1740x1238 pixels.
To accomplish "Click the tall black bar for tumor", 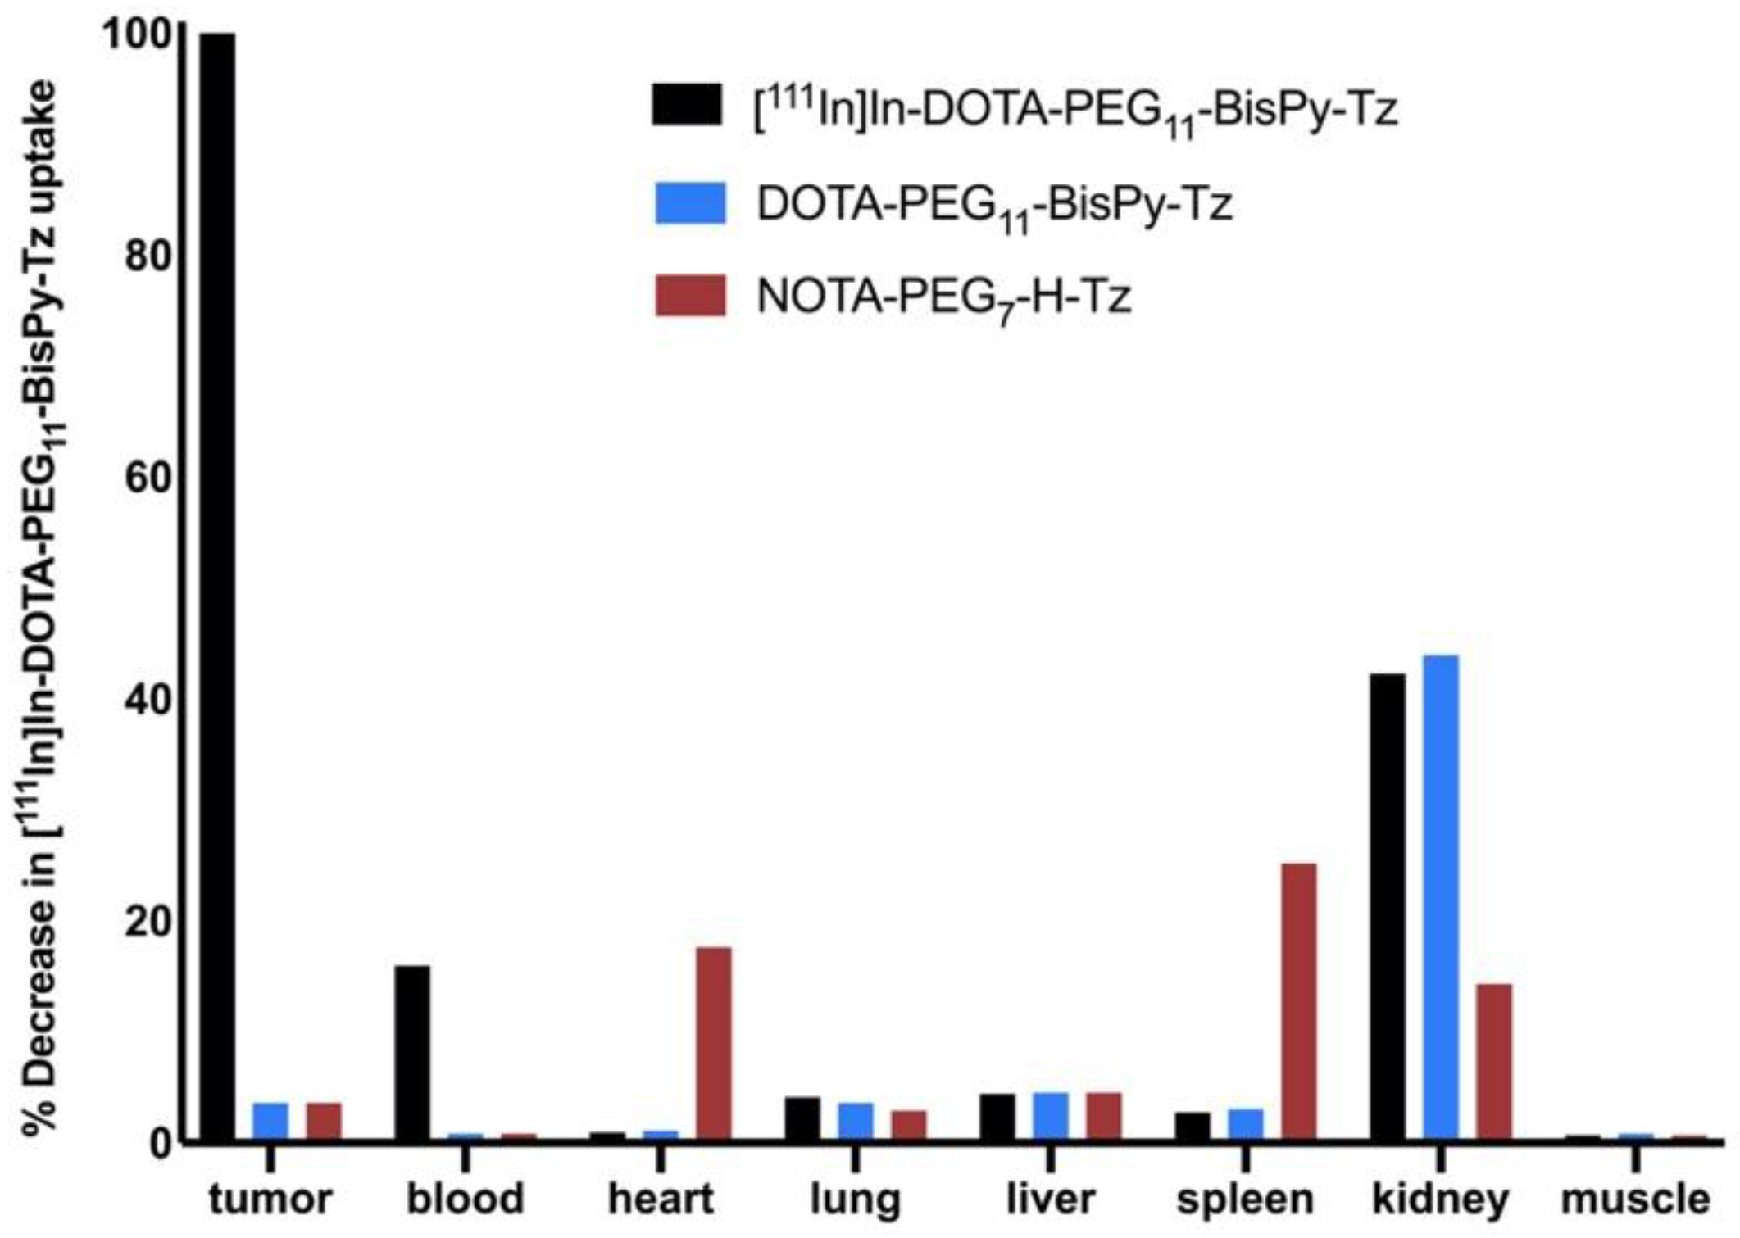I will click(217, 586).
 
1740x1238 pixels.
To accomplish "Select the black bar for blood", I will click(411, 1053).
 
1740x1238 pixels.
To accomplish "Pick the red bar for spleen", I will click(1298, 1001).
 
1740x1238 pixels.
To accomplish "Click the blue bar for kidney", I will click(1440, 897).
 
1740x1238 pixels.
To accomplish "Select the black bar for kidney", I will click(1387, 906).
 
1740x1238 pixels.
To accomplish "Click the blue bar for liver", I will click(1050, 1116).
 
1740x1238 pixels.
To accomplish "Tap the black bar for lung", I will click(802, 1118).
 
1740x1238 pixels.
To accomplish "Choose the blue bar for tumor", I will click(270, 1121).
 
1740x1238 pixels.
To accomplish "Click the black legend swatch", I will click(687, 105).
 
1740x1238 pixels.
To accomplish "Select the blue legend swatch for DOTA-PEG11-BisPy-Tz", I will click(690, 202).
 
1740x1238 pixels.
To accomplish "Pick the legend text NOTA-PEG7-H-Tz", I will click(943, 297).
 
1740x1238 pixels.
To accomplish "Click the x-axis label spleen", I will click(1245, 1199).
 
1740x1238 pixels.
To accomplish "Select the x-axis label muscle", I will click(1635, 1199).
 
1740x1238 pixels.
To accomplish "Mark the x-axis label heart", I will click(661, 1199).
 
